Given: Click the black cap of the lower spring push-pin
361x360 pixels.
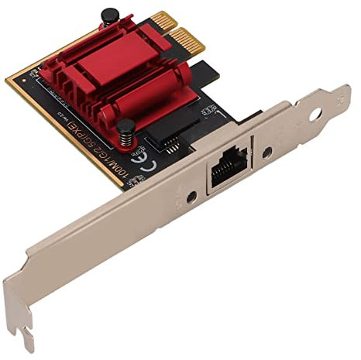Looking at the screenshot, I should (125, 125).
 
